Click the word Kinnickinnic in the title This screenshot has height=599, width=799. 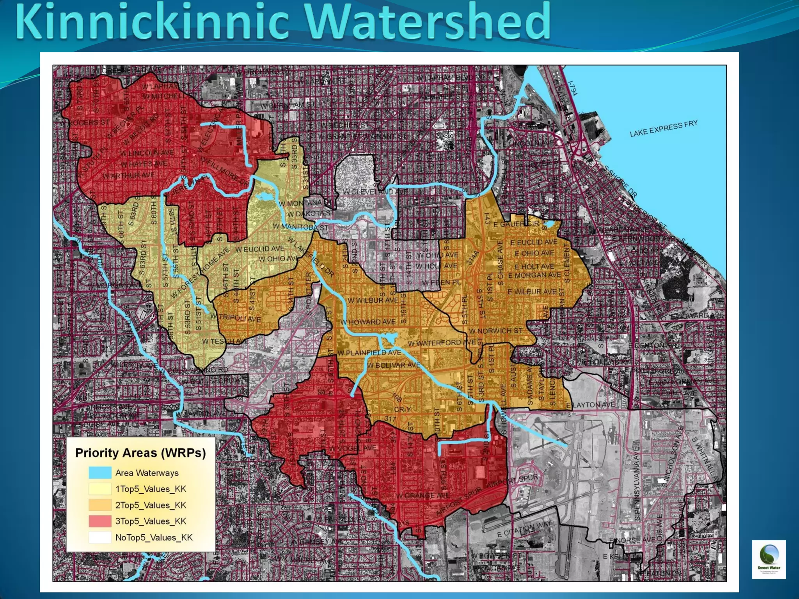pyautogui.click(x=152, y=21)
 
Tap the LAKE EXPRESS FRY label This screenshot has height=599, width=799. pyautogui.click(x=663, y=128)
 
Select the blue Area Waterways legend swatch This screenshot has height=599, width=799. pyautogui.click(x=100, y=473)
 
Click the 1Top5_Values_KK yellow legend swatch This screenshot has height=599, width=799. pyautogui.click(x=100, y=489)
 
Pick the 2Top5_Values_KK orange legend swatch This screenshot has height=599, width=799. pyautogui.click(x=100, y=505)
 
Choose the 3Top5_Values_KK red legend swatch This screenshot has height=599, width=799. pyautogui.click(x=100, y=521)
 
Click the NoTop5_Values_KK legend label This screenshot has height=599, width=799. pyautogui.click(x=154, y=537)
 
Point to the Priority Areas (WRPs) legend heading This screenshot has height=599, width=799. pyautogui.click(x=140, y=453)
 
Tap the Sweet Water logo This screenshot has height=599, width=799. pyautogui.click(x=769, y=558)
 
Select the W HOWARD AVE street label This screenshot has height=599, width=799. pyautogui.click(x=368, y=322)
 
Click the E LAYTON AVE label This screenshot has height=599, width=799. pyautogui.click(x=590, y=405)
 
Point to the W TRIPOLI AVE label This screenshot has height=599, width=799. pyautogui.click(x=236, y=317)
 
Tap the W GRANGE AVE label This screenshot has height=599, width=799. pyautogui.click(x=423, y=496)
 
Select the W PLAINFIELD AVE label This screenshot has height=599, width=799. pyautogui.click(x=369, y=353)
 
